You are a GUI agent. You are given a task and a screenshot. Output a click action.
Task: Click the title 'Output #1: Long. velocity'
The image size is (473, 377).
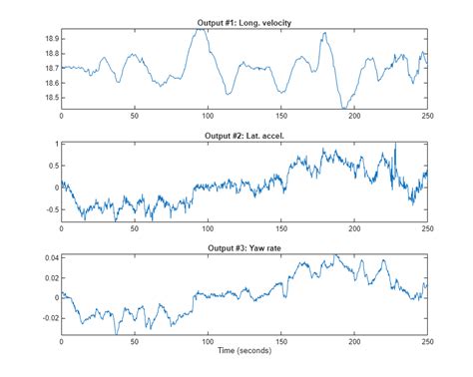pos(243,22)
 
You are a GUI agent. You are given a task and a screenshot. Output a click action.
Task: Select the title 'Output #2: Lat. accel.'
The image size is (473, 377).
pos(243,136)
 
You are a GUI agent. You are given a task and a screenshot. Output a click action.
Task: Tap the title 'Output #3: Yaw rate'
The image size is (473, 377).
pos(243,248)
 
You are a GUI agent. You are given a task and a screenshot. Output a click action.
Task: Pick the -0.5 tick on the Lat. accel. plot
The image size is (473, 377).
pos(49,207)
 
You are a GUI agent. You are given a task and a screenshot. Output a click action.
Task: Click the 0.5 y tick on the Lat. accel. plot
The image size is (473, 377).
pos(51,166)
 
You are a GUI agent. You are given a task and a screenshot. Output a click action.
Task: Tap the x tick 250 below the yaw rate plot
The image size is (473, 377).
pos(426,341)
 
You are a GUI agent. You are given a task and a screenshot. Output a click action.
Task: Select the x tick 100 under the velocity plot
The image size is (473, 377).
pos(208,115)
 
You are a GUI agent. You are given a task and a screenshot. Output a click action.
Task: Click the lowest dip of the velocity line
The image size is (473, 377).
pos(344,107)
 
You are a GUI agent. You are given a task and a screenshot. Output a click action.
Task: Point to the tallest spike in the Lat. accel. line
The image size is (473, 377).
pos(395,144)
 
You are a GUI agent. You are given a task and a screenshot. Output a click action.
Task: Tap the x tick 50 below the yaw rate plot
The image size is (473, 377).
pos(134,341)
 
